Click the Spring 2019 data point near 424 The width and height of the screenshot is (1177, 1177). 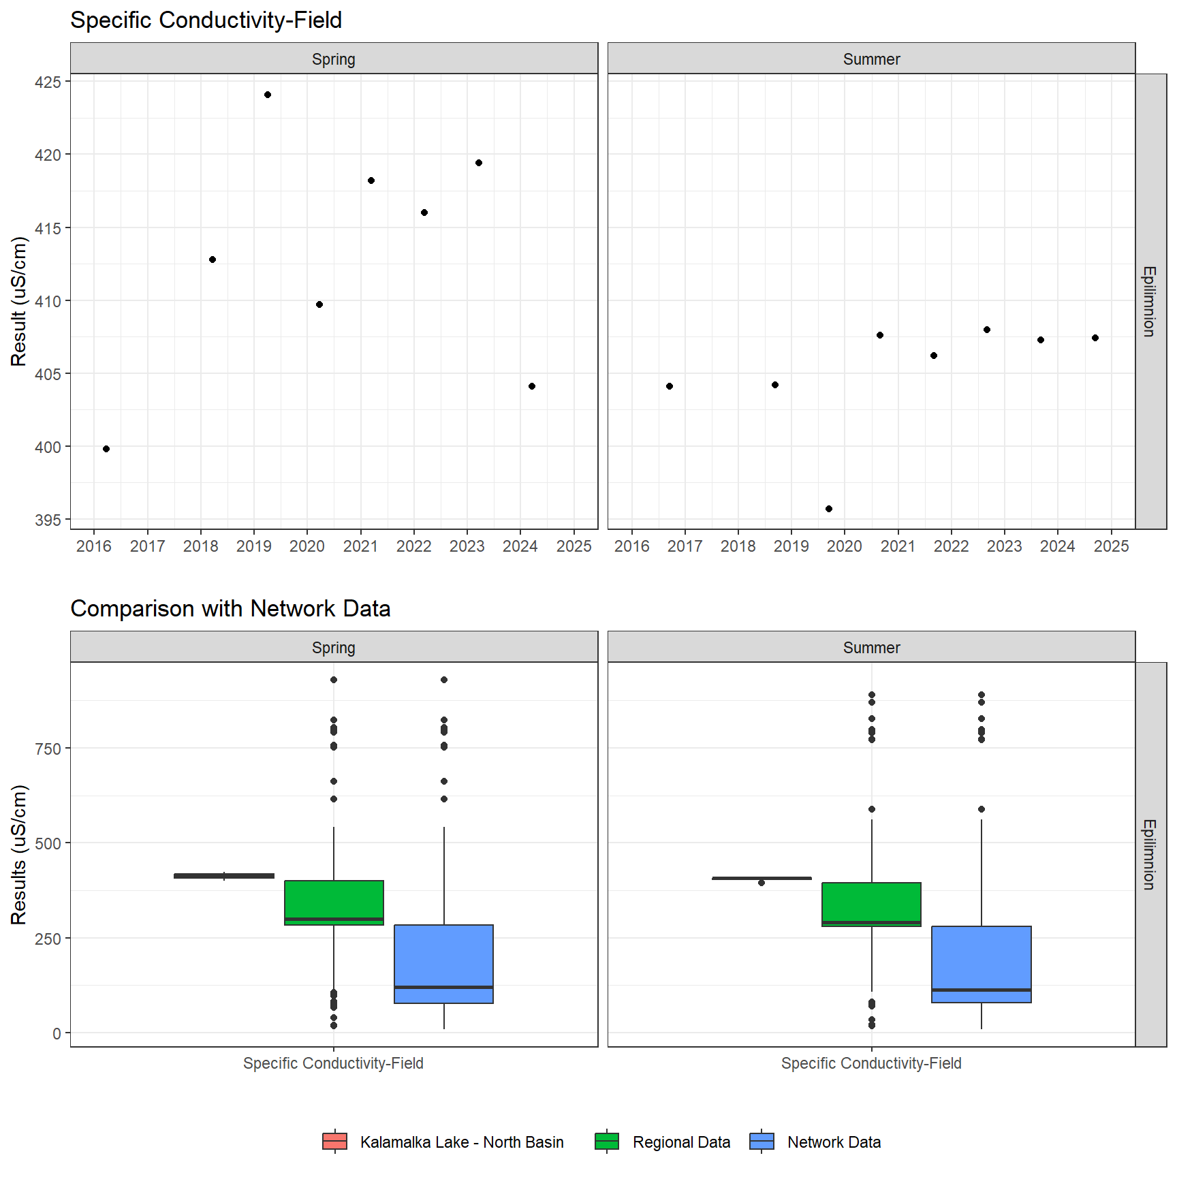pos(268,95)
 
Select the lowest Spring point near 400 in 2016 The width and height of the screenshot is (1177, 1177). pos(106,449)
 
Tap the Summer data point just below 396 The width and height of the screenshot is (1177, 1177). pos(829,509)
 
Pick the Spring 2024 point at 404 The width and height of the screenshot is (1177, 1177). pos(532,386)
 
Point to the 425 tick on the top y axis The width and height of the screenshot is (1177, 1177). pos(48,82)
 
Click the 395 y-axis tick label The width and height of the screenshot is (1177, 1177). pos(48,520)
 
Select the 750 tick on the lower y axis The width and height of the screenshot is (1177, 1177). pos(48,749)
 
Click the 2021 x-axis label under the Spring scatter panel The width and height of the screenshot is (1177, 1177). pos(360,546)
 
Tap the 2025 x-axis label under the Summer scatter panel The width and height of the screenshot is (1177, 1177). pos(1111,546)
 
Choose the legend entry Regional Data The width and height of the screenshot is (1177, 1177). pos(681,1142)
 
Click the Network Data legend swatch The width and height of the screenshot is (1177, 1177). pos(762,1142)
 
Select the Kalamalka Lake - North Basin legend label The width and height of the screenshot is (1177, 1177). pos(462,1142)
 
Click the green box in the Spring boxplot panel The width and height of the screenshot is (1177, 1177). pos(334,903)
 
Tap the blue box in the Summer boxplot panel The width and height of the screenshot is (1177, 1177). pos(982,964)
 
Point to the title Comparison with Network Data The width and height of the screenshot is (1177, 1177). pos(230,608)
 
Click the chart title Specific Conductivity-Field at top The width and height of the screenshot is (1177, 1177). pos(206,20)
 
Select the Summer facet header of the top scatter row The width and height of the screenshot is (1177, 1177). pos(871,59)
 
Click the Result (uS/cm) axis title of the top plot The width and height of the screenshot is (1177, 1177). pos(19,301)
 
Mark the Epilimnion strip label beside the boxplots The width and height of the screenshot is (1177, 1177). pos(1150,854)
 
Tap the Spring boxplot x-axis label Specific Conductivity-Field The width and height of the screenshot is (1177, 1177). pos(333,1063)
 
